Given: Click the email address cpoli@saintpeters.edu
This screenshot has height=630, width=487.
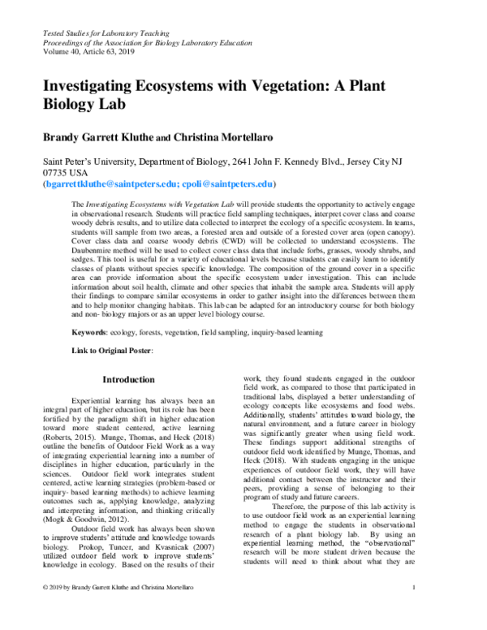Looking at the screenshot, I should coord(229,184).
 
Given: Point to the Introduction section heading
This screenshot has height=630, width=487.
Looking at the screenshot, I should coord(128,379).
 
